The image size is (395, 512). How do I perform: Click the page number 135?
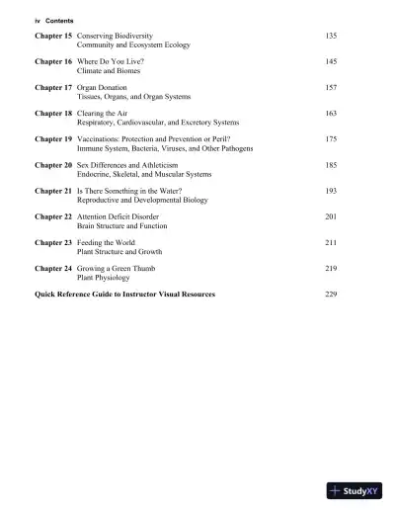[x=330, y=36]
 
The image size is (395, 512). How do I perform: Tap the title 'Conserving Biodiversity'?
[x=115, y=36]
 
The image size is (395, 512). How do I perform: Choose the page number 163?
[x=330, y=114]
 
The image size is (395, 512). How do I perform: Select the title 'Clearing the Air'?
[x=104, y=114]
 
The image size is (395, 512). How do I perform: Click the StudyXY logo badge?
[x=356, y=490]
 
